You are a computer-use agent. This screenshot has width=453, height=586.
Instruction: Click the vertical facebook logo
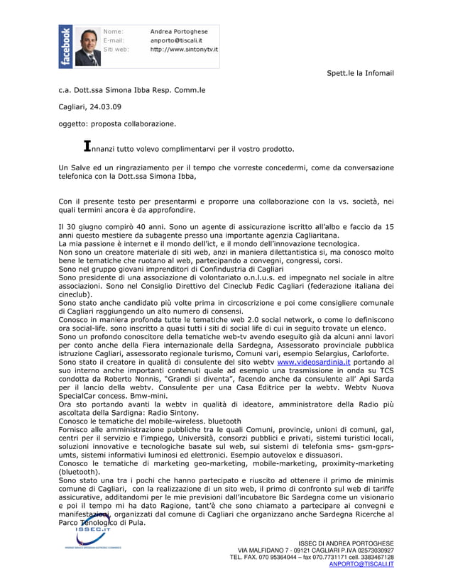point(65,47)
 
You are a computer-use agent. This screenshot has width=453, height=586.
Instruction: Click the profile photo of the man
point(86,47)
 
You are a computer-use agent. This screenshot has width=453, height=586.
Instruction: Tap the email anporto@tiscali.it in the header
point(177,40)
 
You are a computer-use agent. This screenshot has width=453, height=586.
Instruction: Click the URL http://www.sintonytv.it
point(184,50)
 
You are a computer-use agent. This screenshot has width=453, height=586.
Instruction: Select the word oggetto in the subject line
point(73,123)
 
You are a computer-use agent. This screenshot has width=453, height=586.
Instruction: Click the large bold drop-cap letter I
point(87,147)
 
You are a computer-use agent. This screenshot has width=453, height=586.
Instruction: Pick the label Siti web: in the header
point(116,50)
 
